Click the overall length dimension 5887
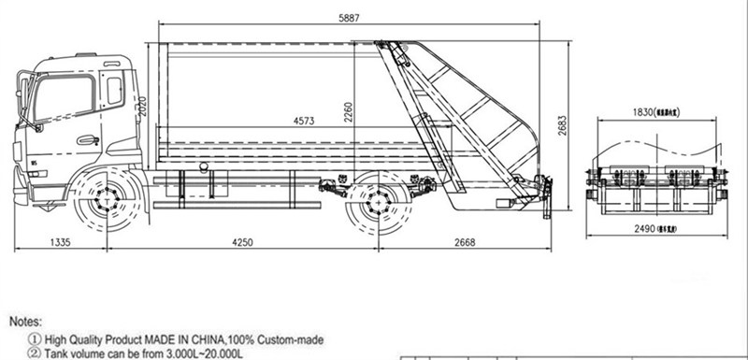pos(351,17)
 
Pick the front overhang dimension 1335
pos(58,242)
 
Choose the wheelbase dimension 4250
pos(241,242)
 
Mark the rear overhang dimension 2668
pos(462,242)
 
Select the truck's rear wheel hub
pos(378,203)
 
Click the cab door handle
pos(89,140)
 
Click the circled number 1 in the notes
pos(35,338)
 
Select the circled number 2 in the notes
pos(35,353)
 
